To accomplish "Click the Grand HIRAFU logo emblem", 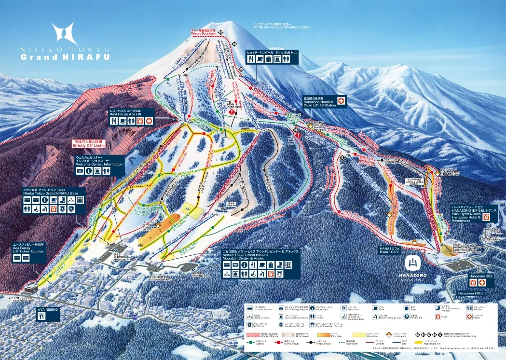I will pos(64,33).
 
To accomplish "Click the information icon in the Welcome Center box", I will pos(89,171).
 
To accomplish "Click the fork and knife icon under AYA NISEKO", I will pos(42,316).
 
